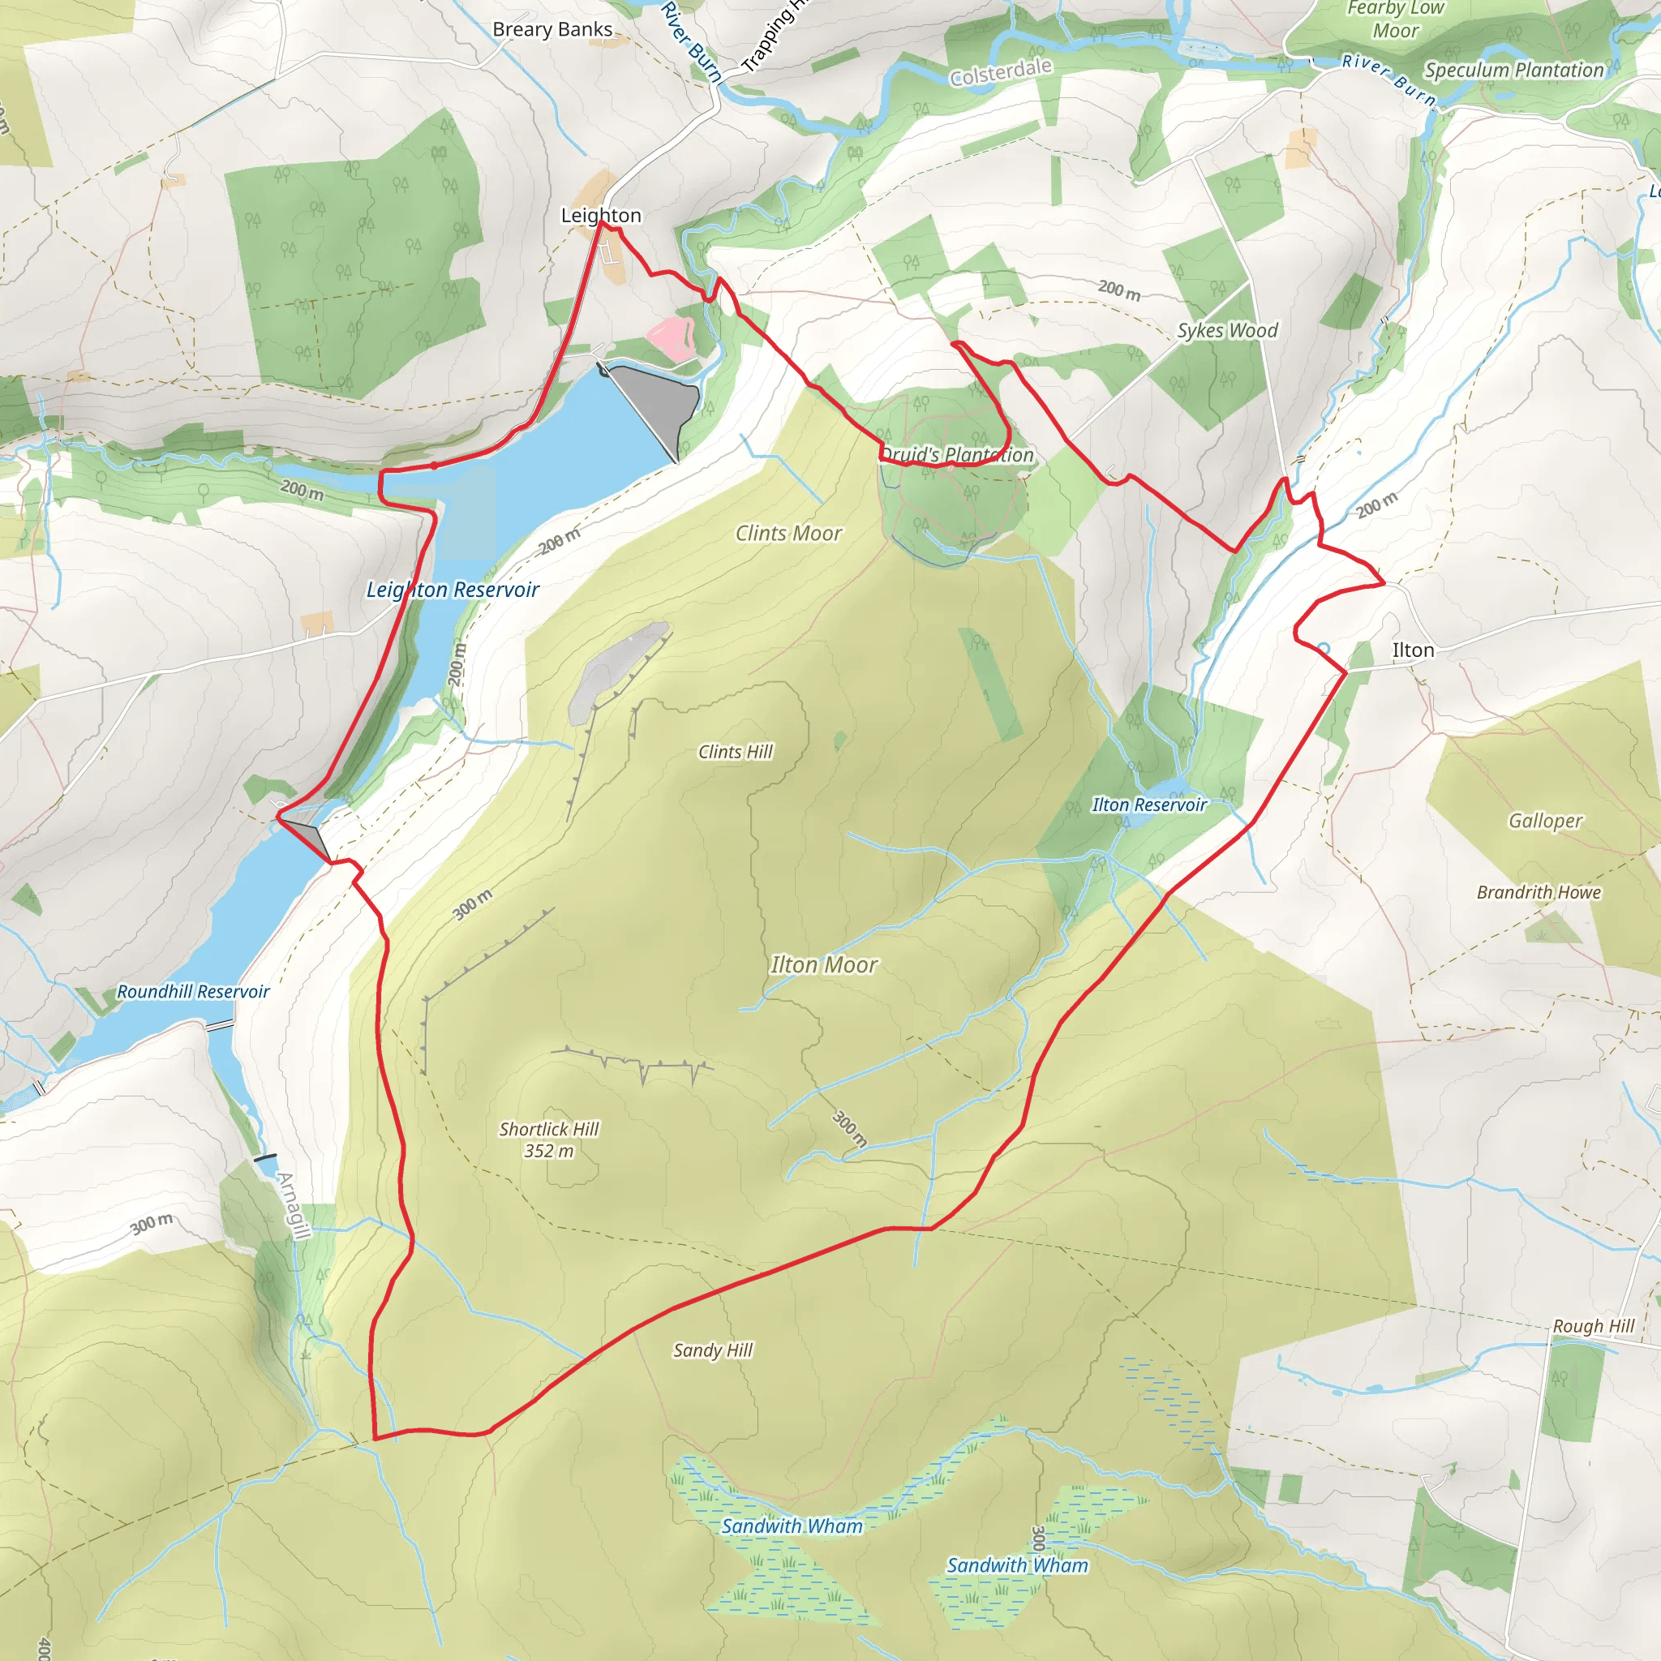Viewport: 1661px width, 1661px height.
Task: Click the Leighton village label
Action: [x=601, y=215]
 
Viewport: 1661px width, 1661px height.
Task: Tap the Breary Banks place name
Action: [x=552, y=29]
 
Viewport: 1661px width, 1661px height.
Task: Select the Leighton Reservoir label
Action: [x=453, y=590]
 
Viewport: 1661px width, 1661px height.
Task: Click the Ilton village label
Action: [x=1413, y=650]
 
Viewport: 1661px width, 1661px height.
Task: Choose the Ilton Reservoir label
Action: [x=1148, y=805]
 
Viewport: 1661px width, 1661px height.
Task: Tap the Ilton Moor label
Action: [x=824, y=964]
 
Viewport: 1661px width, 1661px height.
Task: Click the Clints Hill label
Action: [x=735, y=751]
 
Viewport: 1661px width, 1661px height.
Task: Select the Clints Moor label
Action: [x=788, y=533]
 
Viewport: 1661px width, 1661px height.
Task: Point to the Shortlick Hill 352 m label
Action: [x=548, y=1140]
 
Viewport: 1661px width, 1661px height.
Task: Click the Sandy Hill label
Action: [x=712, y=1350]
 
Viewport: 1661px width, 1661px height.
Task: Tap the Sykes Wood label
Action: [x=1227, y=330]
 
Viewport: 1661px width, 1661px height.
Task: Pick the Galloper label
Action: [x=1545, y=820]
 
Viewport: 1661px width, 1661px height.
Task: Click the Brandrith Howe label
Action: [x=1538, y=891]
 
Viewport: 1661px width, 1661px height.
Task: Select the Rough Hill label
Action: [x=1592, y=1326]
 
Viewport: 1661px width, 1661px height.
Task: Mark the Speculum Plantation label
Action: [x=1513, y=70]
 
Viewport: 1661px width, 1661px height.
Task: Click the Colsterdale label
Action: [x=1000, y=72]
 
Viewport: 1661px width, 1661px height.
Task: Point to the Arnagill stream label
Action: [x=292, y=1206]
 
